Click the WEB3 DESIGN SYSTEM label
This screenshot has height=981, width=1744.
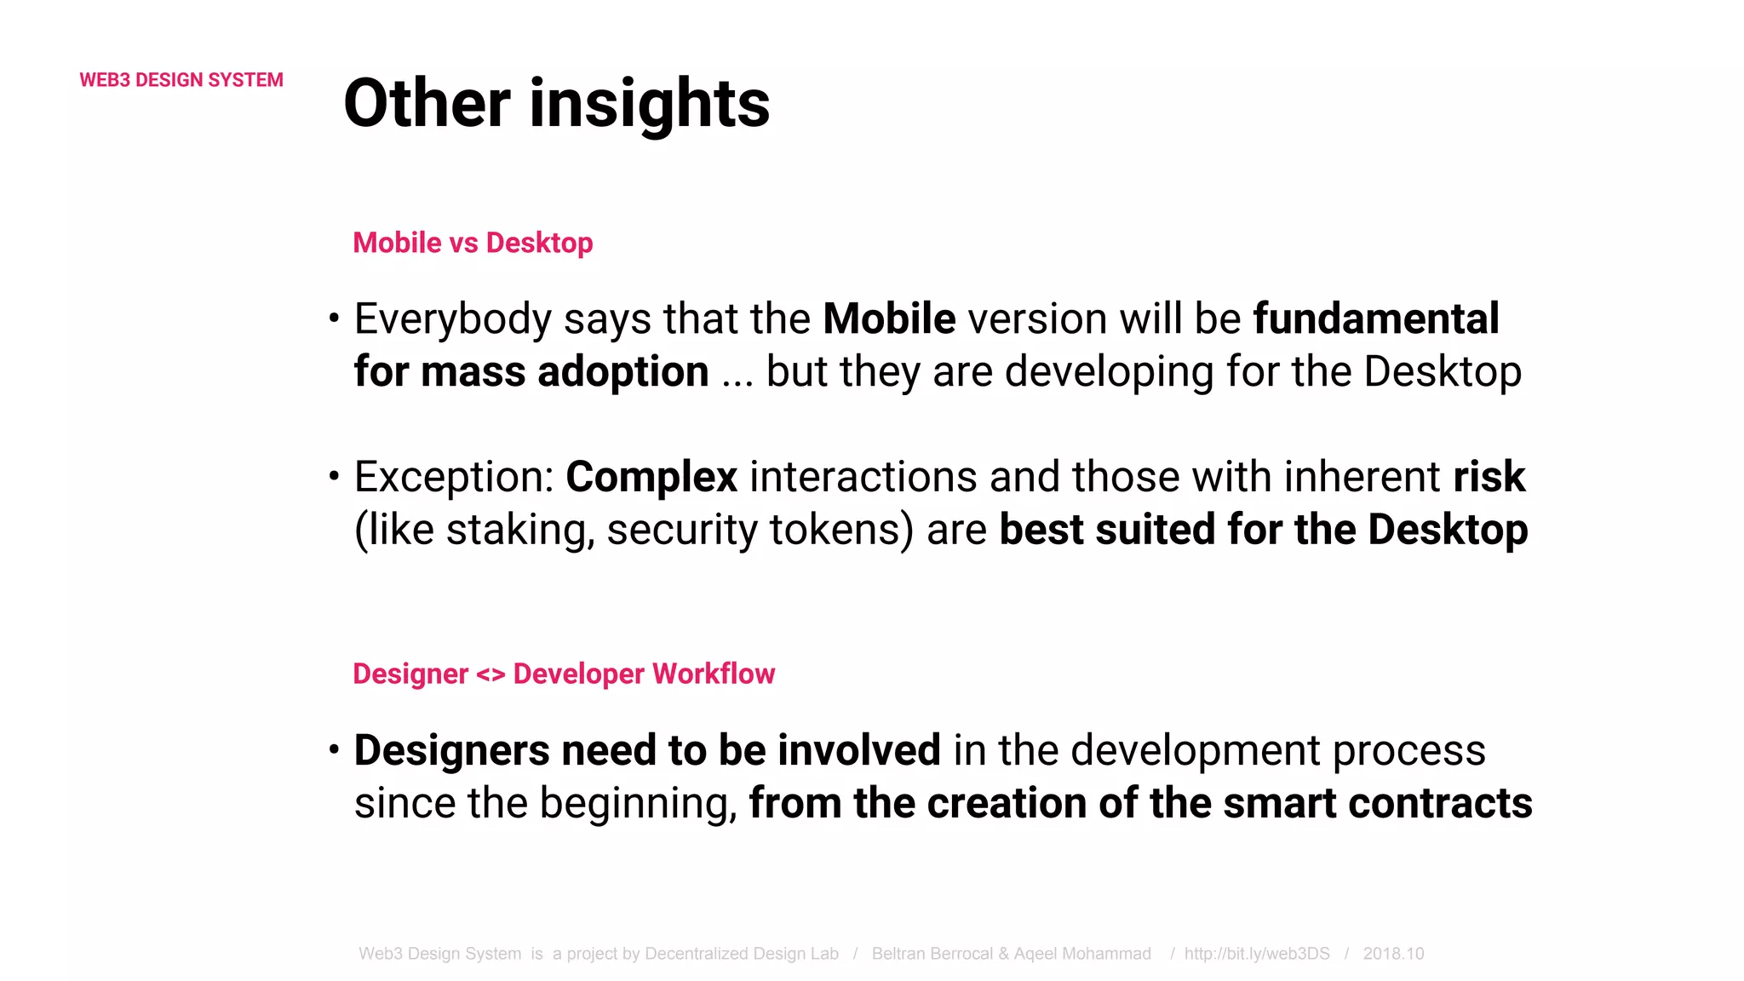(181, 80)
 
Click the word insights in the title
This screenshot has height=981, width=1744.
(649, 104)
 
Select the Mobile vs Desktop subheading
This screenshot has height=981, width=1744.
(473, 243)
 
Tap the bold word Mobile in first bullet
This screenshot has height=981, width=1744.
(889, 318)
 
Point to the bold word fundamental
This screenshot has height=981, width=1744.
(1375, 318)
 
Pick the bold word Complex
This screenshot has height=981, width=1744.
(651, 477)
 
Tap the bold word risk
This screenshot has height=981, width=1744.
(1489, 477)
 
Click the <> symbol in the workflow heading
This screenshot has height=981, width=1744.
(490, 674)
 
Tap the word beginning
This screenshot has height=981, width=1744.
(638, 804)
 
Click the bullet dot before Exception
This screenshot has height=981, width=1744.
(335, 476)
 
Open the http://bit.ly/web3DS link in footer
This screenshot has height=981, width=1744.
(1256, 954)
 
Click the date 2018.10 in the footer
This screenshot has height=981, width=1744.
(1393, 954)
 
